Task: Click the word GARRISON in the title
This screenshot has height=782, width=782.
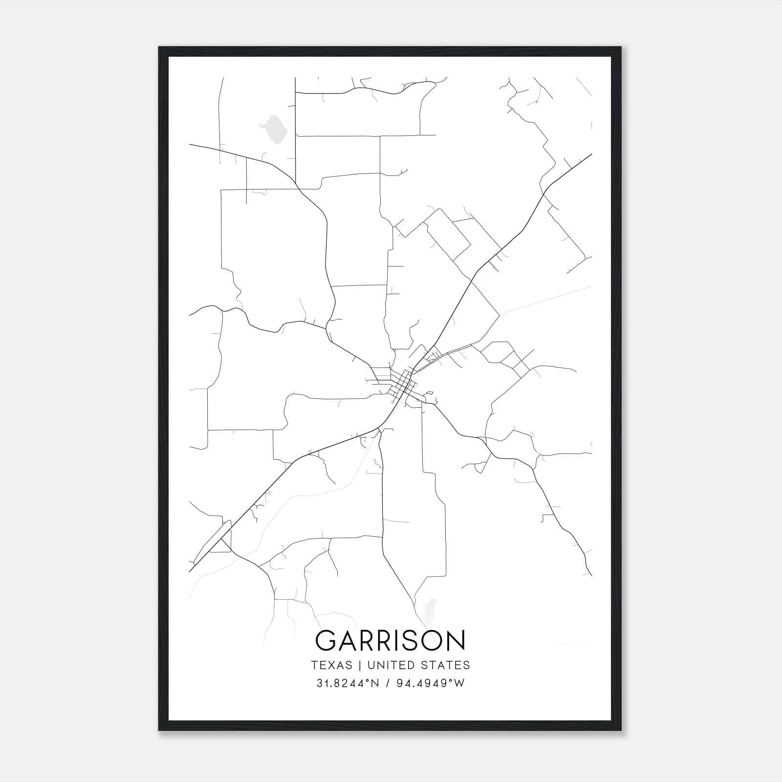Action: [391, 641]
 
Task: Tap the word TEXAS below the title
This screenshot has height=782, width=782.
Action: [331, 665]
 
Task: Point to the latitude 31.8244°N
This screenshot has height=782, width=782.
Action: [348, 683]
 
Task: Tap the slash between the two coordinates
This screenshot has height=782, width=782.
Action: [387, 683]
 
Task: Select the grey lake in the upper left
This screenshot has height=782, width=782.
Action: [273, 130]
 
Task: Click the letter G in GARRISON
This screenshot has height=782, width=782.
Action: [327, 641]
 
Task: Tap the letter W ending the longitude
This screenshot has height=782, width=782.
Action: [459, 683]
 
